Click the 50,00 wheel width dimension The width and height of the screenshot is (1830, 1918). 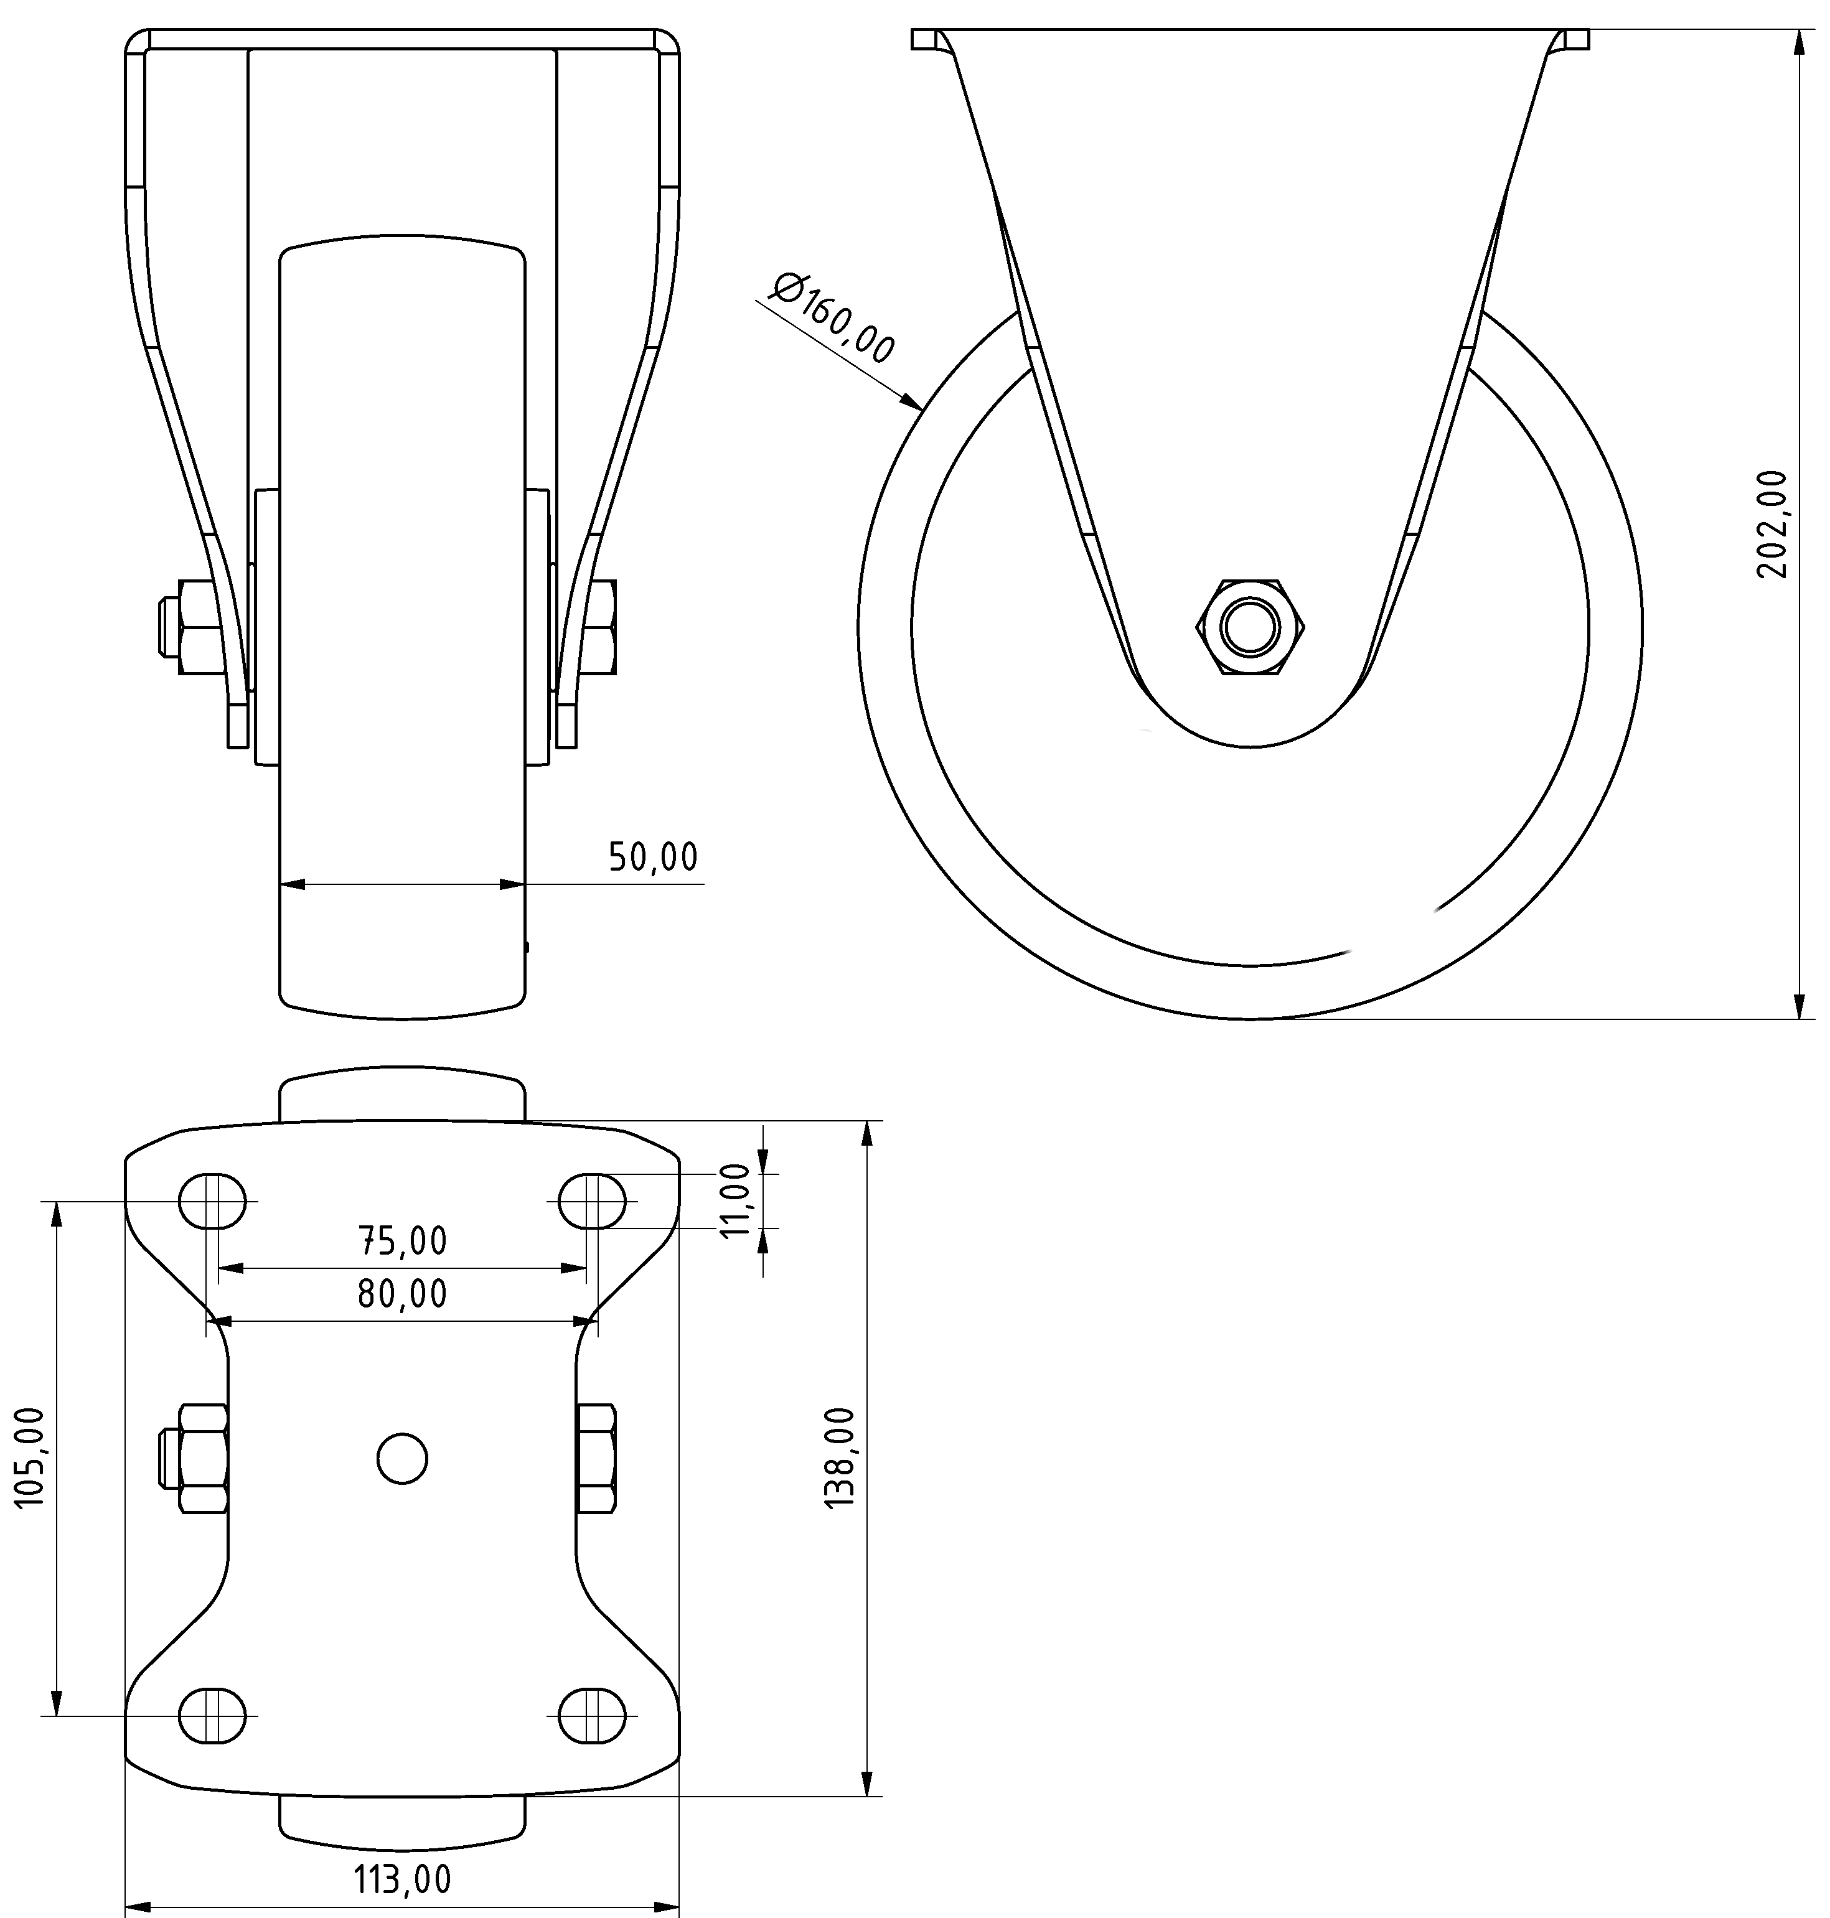tap(652, 857)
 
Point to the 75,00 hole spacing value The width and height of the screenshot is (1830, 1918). tap(403, 1242)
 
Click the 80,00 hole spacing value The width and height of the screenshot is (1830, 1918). tap(403, 1294)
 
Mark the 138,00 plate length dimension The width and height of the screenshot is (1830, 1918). tap(840, 1457)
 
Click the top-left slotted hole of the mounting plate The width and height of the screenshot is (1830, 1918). tap(213, 1201)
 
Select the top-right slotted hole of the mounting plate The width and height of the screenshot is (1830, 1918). tap(592, 1201)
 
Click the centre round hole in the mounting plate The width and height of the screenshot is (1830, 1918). tap(402, 1459)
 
